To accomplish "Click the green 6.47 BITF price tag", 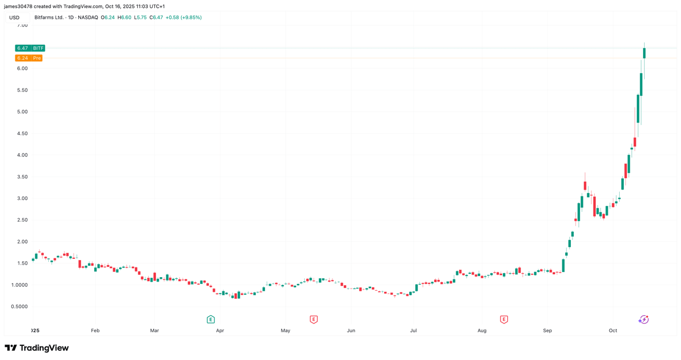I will pos(30,48).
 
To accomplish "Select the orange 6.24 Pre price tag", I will pos(28,58).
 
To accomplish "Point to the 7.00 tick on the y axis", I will pos(22,25).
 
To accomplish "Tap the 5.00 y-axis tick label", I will pos(22,112).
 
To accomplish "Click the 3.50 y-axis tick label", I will pos(22,177).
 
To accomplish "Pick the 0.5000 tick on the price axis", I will pos(19,307).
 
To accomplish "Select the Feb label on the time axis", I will pos(95,330).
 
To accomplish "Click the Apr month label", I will pos(220,330).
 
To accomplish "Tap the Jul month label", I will pos(413,330).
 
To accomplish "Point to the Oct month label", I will pos(613,330).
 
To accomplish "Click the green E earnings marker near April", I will pos(211,320).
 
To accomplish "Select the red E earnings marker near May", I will pos(313,320).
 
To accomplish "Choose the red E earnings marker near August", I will pos(503,320).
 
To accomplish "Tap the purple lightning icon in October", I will pos(643,320).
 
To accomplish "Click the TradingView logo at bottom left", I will pos(36,348).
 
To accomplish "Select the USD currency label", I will pos(14,18).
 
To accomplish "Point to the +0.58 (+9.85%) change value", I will pos(183,18).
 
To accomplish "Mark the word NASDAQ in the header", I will pos(87,18).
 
